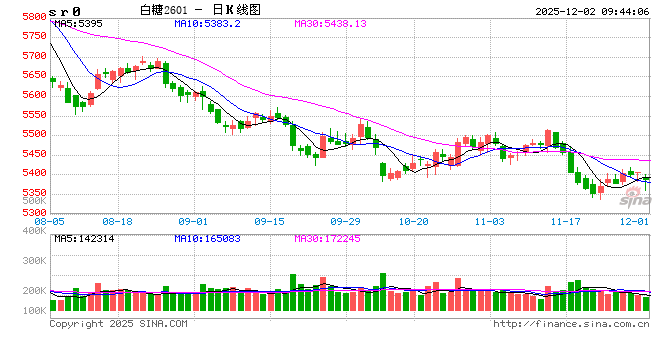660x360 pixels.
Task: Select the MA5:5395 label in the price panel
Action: (77, 22)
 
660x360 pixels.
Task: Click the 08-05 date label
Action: (50, 221)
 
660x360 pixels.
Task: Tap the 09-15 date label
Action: (269, 221)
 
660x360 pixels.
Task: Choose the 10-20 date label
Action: (413, 221)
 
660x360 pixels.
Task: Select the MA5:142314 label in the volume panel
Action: (81, 239)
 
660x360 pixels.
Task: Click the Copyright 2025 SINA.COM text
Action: (118, 324)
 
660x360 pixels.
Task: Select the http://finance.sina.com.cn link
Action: (570, 324)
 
